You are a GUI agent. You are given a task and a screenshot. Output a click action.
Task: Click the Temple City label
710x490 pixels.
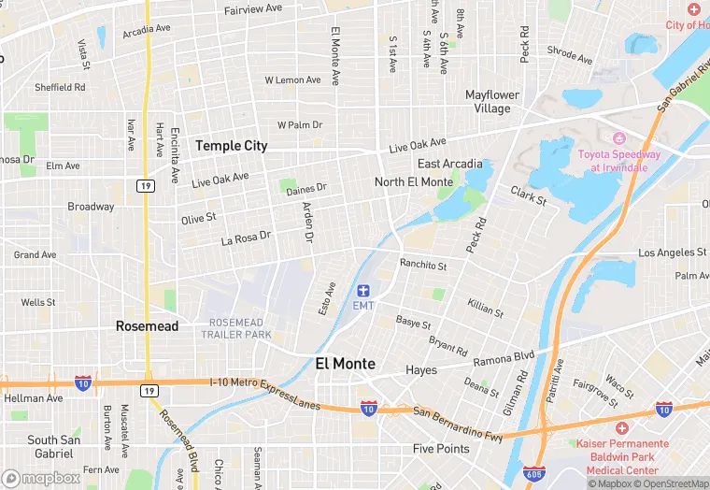[x=231, y=146]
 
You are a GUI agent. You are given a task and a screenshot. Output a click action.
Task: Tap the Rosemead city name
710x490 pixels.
[x=146, y=326]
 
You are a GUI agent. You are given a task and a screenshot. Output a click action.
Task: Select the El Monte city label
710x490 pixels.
[x=345, y=364]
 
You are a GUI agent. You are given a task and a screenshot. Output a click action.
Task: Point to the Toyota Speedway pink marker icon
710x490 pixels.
[x=617, y=138]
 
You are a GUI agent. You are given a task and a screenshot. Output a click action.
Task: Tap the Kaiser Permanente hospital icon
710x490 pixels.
[x=621, y=426]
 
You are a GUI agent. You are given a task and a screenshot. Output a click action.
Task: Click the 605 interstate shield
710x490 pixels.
[x=533, y=474]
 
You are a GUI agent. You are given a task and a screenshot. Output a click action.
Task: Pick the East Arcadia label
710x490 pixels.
[x=449, y=164]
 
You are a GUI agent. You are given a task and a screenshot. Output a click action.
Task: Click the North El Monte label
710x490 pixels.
[x=413, y=181]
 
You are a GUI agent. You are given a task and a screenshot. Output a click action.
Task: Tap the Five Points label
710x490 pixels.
[x=441, y=449]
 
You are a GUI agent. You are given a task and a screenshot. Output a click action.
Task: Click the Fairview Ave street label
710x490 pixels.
[x=253, y=8]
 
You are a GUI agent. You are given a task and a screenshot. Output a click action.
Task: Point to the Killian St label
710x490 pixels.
[x=486, y=309]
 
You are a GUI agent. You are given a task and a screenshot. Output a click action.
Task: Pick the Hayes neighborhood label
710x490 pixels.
[x=421, y=370]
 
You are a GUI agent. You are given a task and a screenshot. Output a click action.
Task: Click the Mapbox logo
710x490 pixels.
[x=41, y=478]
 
